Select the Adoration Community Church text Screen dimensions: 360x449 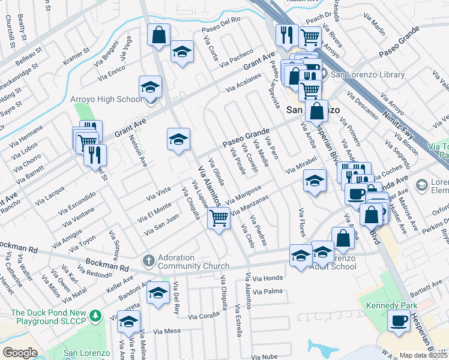(x=193, y=262)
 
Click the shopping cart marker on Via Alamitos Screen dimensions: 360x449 (x=218, y=218)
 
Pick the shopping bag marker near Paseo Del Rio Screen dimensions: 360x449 (x=158, y=35)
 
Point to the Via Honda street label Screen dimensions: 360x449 (x=267, y=278)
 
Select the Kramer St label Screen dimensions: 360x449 (x=76, y=56)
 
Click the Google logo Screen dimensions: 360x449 (x=19, y=353)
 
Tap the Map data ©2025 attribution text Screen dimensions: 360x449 (x=423, y=355)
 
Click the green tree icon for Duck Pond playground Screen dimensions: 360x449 (x=94, y=315)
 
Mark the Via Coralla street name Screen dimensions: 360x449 (x=206, y=316)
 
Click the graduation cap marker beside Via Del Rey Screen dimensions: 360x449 (x=157, y=294)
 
